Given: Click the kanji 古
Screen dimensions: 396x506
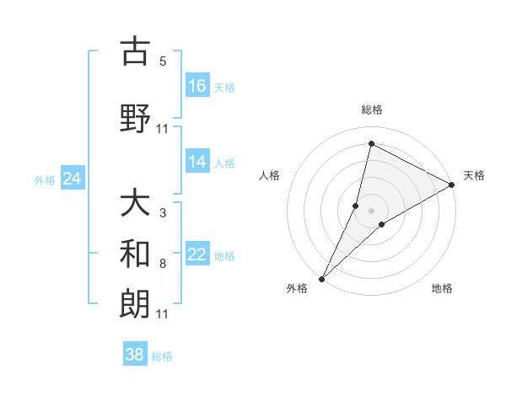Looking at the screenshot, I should [x=135, y=52].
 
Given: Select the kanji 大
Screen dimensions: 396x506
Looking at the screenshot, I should [x=135, y=203].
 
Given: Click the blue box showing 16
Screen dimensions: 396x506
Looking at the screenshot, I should [x=197, y=86].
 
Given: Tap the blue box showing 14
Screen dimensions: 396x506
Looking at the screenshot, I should [x=197, y=162].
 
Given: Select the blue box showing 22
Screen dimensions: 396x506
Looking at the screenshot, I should [x=197, y=254].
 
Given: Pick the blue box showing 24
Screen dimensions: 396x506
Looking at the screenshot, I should [x=72, y=179].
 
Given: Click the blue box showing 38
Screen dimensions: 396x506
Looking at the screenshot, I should [x=135, y=355].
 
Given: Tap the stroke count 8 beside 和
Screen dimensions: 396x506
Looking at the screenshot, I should [x=163, y=264].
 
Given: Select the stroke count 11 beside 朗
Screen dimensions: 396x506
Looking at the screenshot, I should [x=163, y=314].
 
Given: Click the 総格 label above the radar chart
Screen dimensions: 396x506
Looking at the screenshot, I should [x=371, y=110].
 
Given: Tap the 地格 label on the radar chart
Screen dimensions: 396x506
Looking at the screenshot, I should [x=442, y=288].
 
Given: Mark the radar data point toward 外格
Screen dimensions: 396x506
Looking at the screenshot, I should [x=321, y=278].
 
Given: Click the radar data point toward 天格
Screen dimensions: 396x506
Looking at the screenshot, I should [x=452, y=185].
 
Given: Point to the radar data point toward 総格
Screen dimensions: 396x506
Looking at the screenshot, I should [x=371, y=143].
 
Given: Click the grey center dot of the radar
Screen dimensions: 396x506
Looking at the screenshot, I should [x=371, y=210].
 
